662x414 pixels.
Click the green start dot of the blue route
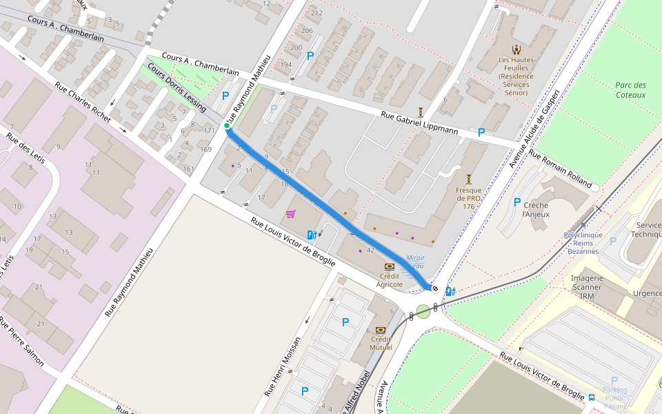227,126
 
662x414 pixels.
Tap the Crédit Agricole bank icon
390,266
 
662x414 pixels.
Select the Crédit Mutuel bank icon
380,330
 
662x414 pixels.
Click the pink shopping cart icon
290,214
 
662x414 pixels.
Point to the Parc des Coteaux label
631,90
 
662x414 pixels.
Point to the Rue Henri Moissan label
283,366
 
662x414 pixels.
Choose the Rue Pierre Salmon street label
21,342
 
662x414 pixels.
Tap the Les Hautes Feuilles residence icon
516,49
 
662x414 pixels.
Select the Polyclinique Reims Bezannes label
583,243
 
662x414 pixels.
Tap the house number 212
317,13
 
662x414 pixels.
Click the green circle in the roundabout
423,311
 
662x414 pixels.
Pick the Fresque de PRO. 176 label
469,197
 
